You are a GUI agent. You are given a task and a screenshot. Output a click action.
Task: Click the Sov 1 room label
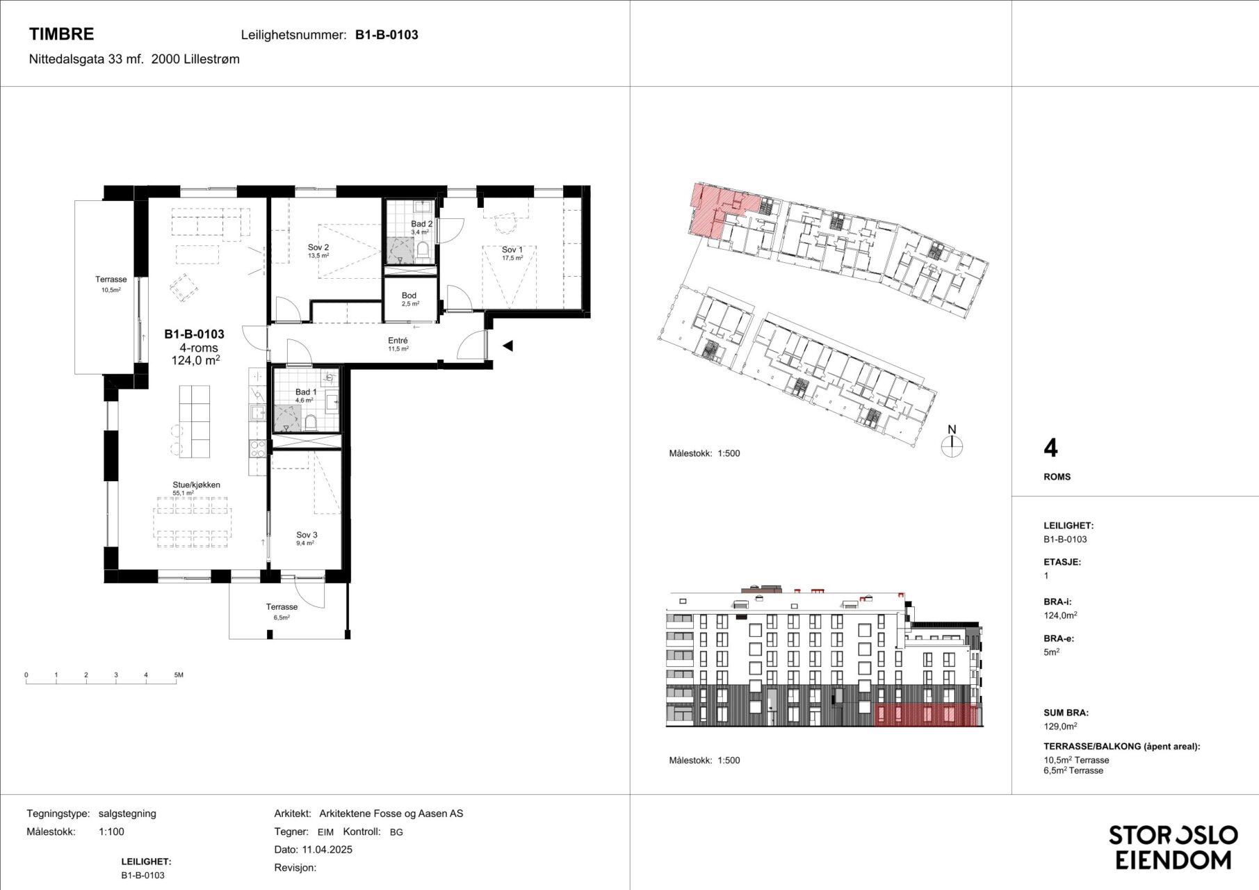pos(512,250)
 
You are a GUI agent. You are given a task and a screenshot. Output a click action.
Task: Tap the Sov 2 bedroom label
pos(318,247)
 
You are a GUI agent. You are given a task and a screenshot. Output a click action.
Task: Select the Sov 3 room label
pos(307,535)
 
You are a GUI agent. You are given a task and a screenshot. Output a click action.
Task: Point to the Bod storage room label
pos(409,296)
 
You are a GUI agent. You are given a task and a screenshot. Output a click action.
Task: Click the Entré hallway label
pos(398,341)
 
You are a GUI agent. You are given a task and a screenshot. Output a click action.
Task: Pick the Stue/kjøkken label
pos(197,485)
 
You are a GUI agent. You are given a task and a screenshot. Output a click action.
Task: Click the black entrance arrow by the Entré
pos(507,346)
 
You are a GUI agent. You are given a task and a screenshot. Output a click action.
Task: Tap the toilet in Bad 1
pos(311,423)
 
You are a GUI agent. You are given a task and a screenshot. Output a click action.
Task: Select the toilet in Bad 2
pos(423,249)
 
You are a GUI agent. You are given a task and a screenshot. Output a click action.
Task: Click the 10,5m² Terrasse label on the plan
pos(111,280)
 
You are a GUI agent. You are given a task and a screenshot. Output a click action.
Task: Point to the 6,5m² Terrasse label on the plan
pos(282,607)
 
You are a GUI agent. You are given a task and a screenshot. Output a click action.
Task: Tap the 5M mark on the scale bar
pos(179,675)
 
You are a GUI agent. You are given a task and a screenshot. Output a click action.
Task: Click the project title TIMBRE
pos(61,34)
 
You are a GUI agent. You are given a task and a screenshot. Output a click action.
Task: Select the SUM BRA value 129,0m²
pos(1060,726)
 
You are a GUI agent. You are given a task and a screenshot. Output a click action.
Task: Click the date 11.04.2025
pos(327,849)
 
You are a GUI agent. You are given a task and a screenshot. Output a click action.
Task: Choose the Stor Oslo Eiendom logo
pos(1173,847)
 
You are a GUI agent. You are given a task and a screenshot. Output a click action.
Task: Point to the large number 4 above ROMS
pos(1050,448)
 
